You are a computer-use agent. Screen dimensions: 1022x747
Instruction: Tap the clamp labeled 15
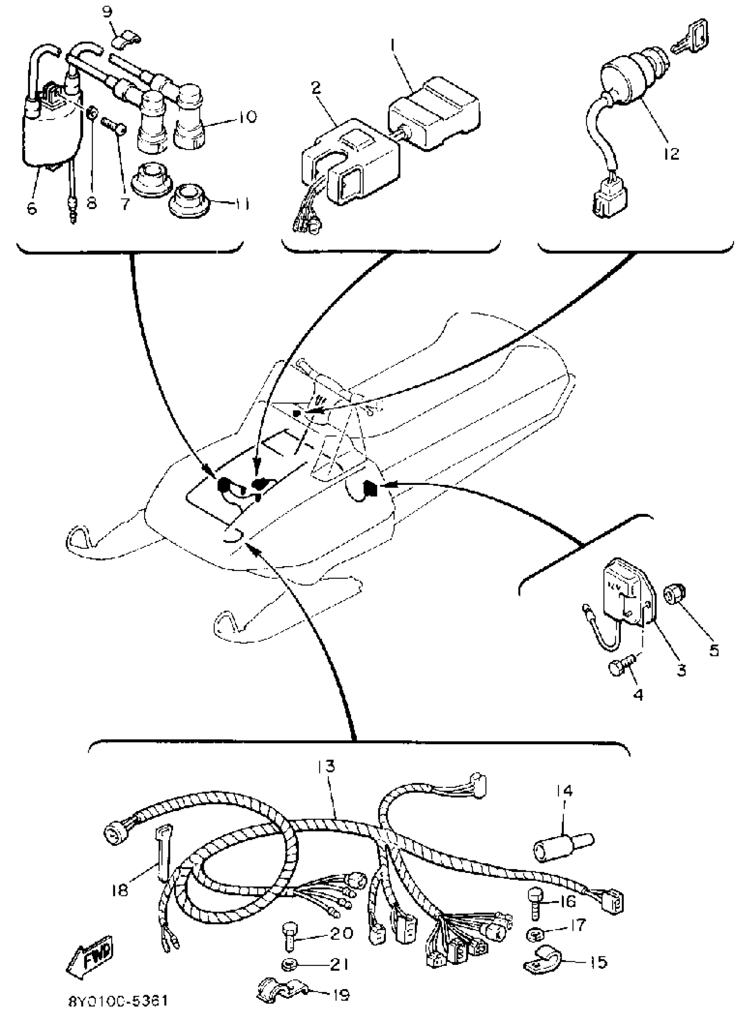(542, 963)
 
